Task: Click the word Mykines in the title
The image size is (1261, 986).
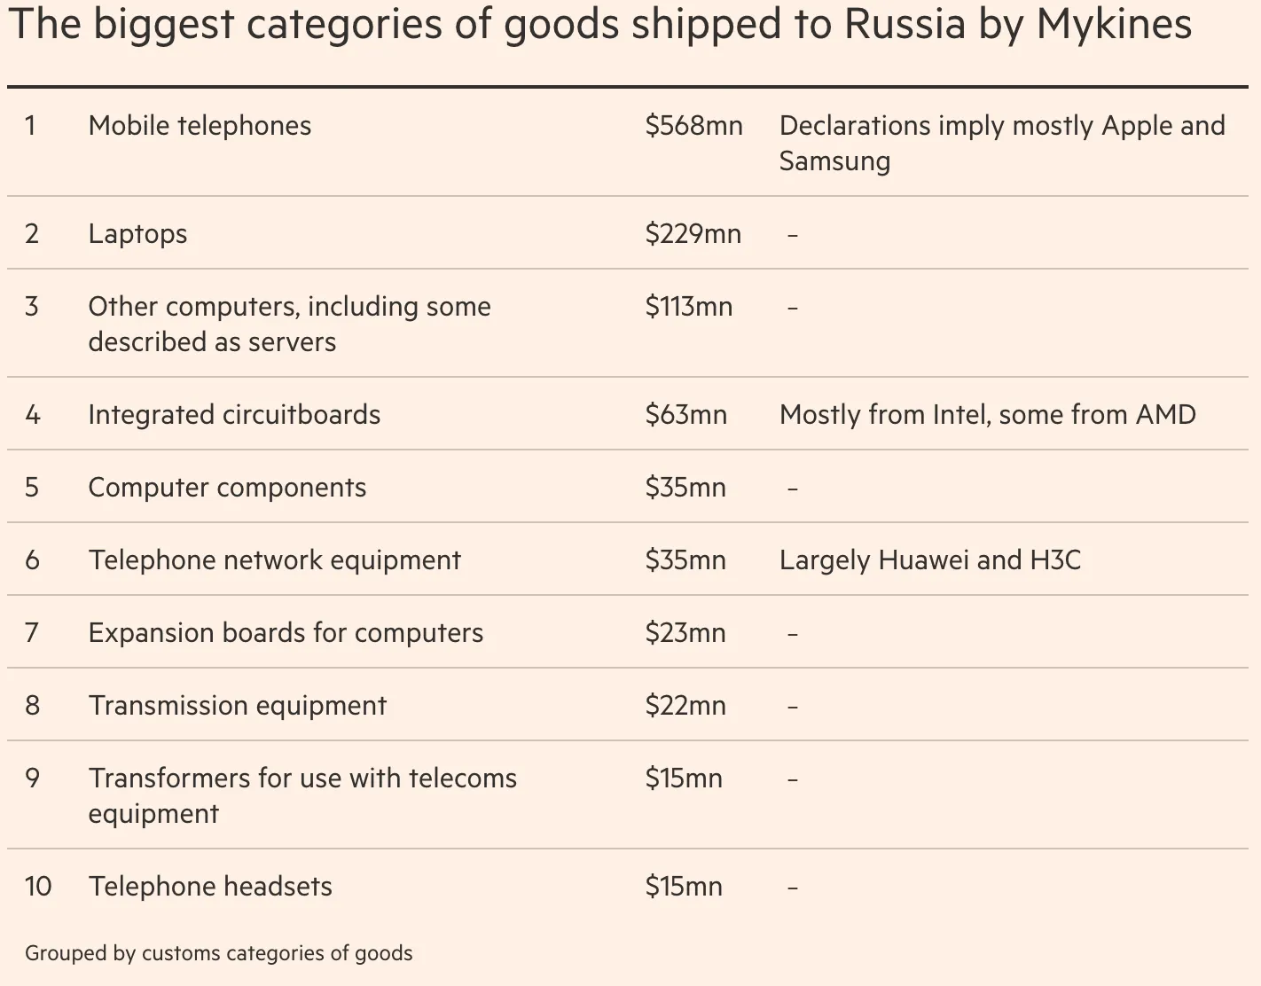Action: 1114,25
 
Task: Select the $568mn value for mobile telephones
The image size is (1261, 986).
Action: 693,126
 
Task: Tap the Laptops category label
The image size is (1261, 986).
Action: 137,234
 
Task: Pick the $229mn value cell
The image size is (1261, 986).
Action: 693,234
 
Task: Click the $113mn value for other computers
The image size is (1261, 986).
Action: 688,307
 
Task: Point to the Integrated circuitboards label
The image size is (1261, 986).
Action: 234,415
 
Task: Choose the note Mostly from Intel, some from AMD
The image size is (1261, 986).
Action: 987,415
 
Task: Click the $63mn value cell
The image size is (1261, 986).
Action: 685,415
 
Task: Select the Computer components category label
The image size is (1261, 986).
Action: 227,488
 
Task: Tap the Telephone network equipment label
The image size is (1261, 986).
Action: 274,560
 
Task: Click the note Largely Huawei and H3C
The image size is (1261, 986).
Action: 929,560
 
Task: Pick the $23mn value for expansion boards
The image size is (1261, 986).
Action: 685,633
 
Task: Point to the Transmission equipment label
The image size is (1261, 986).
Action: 237,706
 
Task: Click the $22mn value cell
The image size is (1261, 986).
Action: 685,706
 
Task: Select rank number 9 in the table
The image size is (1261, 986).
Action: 33,779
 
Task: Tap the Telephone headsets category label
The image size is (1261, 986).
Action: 210,887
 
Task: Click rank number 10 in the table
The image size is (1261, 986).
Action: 38,887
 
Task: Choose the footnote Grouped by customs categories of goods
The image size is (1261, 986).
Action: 218,953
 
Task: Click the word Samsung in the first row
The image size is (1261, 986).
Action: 834,161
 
